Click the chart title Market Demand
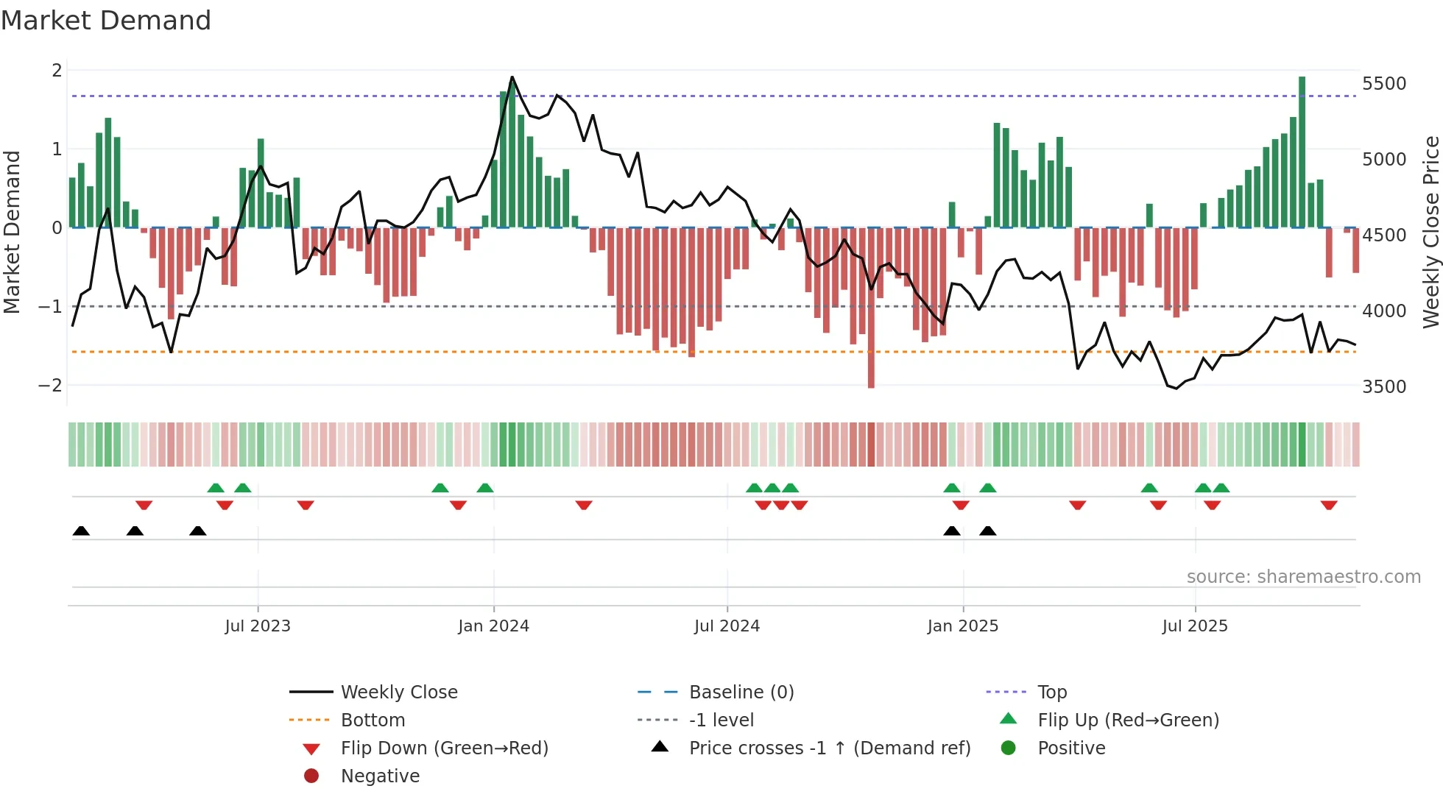click(x=106, y=21)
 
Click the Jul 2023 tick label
click(x=258, y=626)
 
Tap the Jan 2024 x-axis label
click(x=493, y=626)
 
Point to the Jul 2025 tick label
click(x=1195, y=626)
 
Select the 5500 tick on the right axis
click(x=1384, y=84)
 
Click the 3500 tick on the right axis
click(x=1384, y=387)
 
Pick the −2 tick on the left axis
click(x=50, y=385)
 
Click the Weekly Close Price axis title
click(x=1430, y=232)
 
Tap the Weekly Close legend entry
click(x=398, y=693)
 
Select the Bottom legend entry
click(x=373, y=720)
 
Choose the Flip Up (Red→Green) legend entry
click(x=1128, y=720)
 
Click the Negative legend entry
click(x=380, y=776)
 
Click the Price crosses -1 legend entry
click(x=829, y=748)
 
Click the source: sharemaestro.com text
click(x=1303, y=577)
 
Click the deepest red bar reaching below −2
click(x=871, y=309)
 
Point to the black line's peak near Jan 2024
click(x=512, y=77)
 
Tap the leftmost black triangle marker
click(x=81, y=531)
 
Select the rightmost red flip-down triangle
click(x=1329, y=505)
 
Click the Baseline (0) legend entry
click(x=741, y=693)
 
